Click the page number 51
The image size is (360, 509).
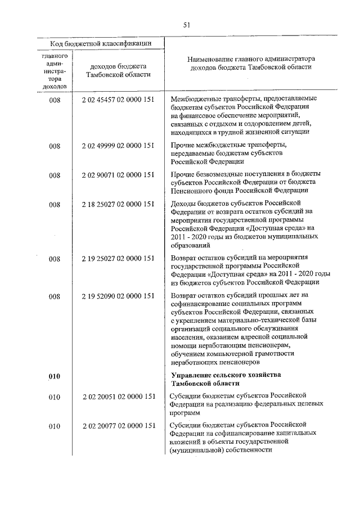point(187,24)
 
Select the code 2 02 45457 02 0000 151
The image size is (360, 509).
point(118,100)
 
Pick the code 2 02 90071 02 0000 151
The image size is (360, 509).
point(118,175)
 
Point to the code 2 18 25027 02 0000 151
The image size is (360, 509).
point(118,204)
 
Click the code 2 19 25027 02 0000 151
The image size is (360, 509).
point(118,259)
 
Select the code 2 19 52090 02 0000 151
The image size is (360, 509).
point(118,296)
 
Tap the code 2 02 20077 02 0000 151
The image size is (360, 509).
point(118,426)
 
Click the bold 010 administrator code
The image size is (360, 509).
point(54,376)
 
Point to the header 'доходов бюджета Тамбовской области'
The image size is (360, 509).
point(118,70)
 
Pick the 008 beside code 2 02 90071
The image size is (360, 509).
point(54,175)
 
